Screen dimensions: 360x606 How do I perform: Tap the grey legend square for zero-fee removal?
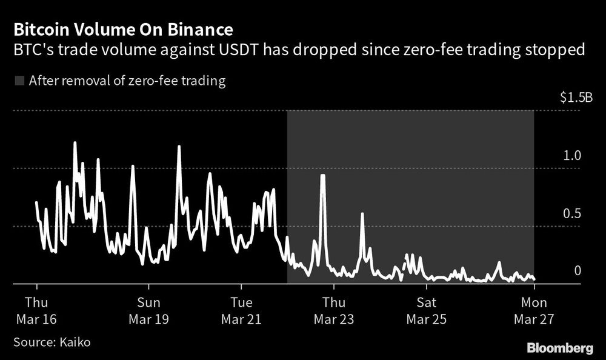[18, 81]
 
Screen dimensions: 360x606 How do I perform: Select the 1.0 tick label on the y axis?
[572, 155]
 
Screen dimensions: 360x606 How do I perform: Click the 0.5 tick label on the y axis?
[572, 213]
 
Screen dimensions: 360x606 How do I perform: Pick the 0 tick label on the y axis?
[578, 270]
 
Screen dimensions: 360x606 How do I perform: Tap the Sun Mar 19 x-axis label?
[149, 310]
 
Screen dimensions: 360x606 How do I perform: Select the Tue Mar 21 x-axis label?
[241, 310]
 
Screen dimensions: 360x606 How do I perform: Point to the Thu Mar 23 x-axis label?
[333, 310]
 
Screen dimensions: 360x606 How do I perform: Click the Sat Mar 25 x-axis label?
[425, 310]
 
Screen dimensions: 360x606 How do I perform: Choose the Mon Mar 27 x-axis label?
[534, 310]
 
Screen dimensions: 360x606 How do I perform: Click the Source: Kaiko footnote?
[52, 342]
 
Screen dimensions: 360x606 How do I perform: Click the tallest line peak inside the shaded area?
[323, 176]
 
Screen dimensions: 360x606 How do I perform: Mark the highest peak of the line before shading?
[75, 143]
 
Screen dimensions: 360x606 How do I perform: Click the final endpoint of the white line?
[534, 279]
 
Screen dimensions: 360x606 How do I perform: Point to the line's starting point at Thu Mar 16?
[36, 202]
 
